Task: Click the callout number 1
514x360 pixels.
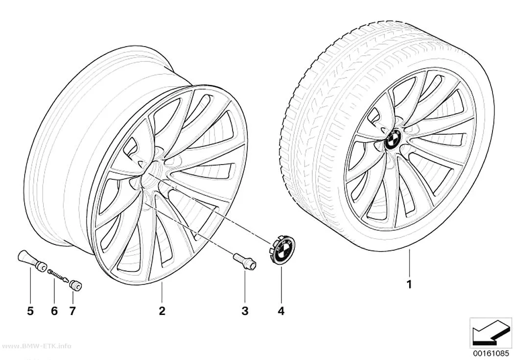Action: tap(409, 284)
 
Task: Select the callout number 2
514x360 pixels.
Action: tap(162, 311)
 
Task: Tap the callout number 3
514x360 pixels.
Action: tap(245, 311)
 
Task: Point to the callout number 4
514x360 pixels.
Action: tap(281, 311)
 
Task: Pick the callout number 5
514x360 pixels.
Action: tap(30, 311)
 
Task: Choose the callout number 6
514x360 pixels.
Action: tap(54, 311)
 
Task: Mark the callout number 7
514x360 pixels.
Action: tap(72, 311)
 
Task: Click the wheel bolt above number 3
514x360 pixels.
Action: tap(245, 262)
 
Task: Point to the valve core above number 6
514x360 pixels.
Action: tap(58, 275)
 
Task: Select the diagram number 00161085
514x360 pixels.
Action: tap(491, 353)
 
